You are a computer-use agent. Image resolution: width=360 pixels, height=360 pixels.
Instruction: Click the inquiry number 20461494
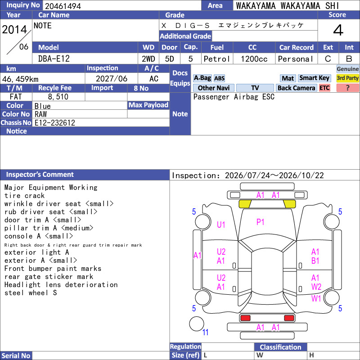(x=63, y=6)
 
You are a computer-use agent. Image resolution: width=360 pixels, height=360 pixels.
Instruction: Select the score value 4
(x=338, y=30)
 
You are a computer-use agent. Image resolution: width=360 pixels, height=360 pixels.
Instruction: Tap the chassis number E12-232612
(x=54, y=123)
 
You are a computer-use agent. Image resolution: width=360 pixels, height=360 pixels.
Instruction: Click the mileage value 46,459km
(x=20, y=79)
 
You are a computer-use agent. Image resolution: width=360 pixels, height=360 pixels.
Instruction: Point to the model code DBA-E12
(x=54, y=59)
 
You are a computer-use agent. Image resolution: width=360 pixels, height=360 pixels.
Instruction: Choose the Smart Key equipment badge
(x=314, y=78)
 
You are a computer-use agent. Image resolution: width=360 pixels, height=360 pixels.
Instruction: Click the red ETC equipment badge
(x=324, y=88)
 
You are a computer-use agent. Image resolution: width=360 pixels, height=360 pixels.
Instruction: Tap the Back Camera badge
(x=296, y=88)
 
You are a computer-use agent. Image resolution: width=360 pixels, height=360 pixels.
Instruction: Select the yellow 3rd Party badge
(x=347, y=78)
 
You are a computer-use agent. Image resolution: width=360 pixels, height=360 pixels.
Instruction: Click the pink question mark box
(x=347, y=88)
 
